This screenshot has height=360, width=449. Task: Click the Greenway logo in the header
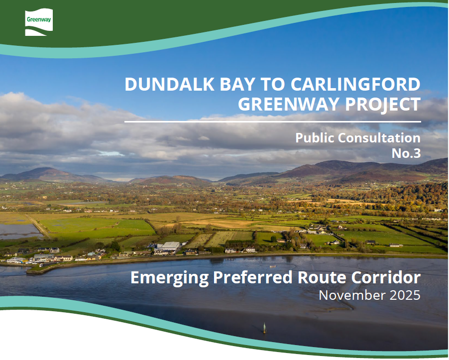(x=39, y=23)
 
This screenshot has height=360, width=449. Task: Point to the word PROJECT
(x=382, y=105)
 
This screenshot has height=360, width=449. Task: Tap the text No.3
(x=406, y=153)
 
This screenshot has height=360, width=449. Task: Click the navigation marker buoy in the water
(x=264, y=328)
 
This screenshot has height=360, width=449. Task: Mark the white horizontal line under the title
(x=272, y=121)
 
